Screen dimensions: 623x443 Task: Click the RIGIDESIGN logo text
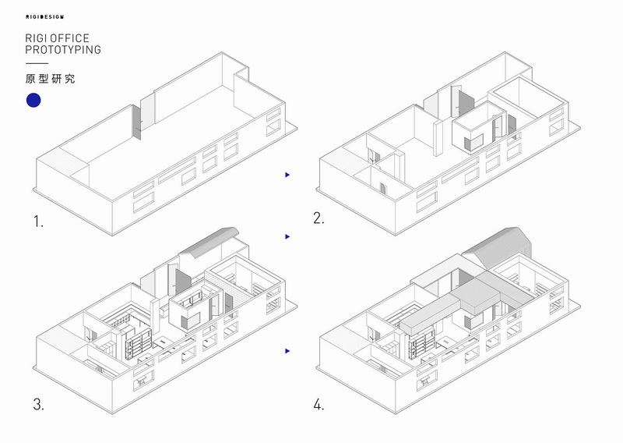click(x=44, y=17)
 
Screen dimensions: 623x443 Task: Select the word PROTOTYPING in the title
click(x=63, y=50)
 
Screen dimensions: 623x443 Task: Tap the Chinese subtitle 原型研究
click(x=50, y=79)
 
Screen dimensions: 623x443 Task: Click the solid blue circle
click(x=33, y=101)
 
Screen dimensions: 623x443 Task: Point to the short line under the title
click(x=37, y=63)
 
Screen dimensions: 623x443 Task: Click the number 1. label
click(x=38, y=221)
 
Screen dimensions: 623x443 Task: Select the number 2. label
click(x=319, y=218)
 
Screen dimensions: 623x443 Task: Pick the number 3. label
click(x=38, y=404)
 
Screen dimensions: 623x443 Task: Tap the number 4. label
click(x=319, y=404)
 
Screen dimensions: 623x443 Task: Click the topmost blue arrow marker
click(x=287, y=175)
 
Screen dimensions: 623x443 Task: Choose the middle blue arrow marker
click(x=287, y=237)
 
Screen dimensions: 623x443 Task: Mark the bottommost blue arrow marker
click(x=287, y=351)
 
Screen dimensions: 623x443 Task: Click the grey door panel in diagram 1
click(x=136, y=122)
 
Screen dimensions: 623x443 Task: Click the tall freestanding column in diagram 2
click(x=438, y=139)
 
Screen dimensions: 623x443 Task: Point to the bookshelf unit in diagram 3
click(x=139, y=344)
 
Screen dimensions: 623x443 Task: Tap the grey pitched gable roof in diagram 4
click(x=498, y=246)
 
